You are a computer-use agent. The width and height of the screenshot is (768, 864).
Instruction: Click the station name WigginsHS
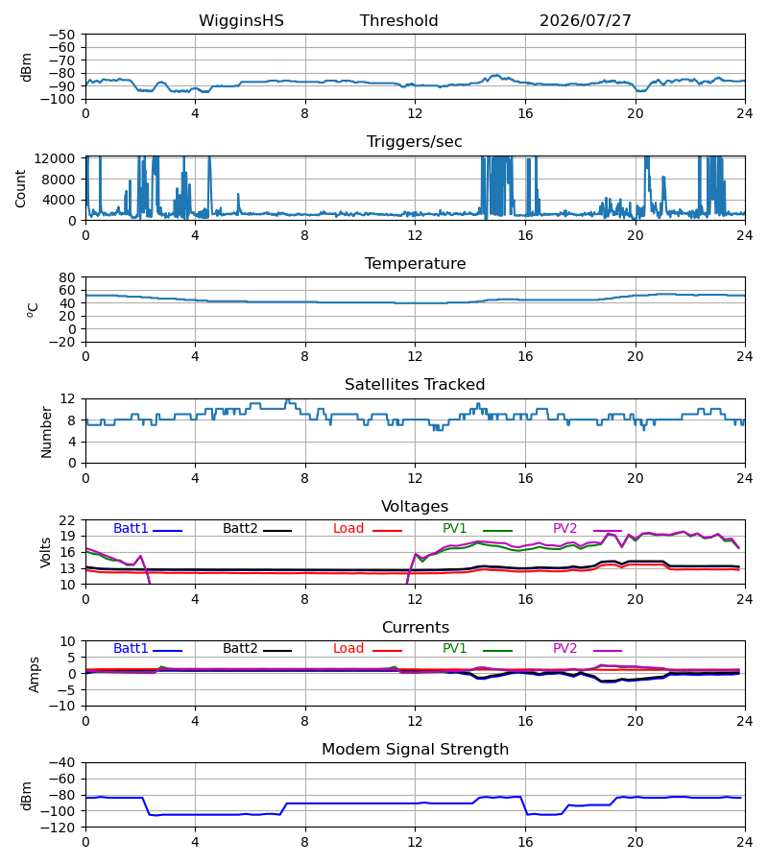[x=241, y=21]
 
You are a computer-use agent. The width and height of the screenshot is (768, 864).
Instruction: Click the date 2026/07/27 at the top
[x=585, y=21]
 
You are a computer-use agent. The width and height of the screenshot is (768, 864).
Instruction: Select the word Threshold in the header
[x=398, y=21]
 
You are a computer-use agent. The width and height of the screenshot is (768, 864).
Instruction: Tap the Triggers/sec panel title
[x=415, y=142]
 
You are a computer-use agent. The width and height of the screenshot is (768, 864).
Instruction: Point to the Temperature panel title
[x=415, y=263]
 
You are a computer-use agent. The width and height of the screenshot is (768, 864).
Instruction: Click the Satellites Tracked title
[x=415, y=385]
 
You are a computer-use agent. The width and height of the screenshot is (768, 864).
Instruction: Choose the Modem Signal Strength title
[x=415, y=750]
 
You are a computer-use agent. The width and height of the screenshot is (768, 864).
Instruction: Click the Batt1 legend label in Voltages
[x=131, y=528]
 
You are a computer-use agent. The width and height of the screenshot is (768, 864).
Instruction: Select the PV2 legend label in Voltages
[x=564, y=528]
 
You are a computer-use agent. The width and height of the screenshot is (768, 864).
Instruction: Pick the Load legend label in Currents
[x=348, y=649]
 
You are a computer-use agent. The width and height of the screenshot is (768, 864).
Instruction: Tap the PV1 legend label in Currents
[x=454, y=649]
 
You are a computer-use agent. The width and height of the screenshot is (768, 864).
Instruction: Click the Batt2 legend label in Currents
[x=240, y=649]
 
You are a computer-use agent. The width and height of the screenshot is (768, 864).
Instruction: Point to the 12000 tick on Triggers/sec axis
[x=55, y=158]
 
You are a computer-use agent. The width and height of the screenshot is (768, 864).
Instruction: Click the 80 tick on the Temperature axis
[x=67, y=277]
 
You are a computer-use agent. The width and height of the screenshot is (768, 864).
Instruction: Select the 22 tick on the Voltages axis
[x=67, y=520]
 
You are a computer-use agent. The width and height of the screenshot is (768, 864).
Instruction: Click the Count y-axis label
[x=20, y=188]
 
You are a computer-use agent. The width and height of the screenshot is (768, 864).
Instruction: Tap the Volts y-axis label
[x=45, y=553]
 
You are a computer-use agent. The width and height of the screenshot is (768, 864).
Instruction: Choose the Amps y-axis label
[x=34, y=675]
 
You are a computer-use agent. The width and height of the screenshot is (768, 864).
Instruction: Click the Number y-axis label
[x=46, y=433]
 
